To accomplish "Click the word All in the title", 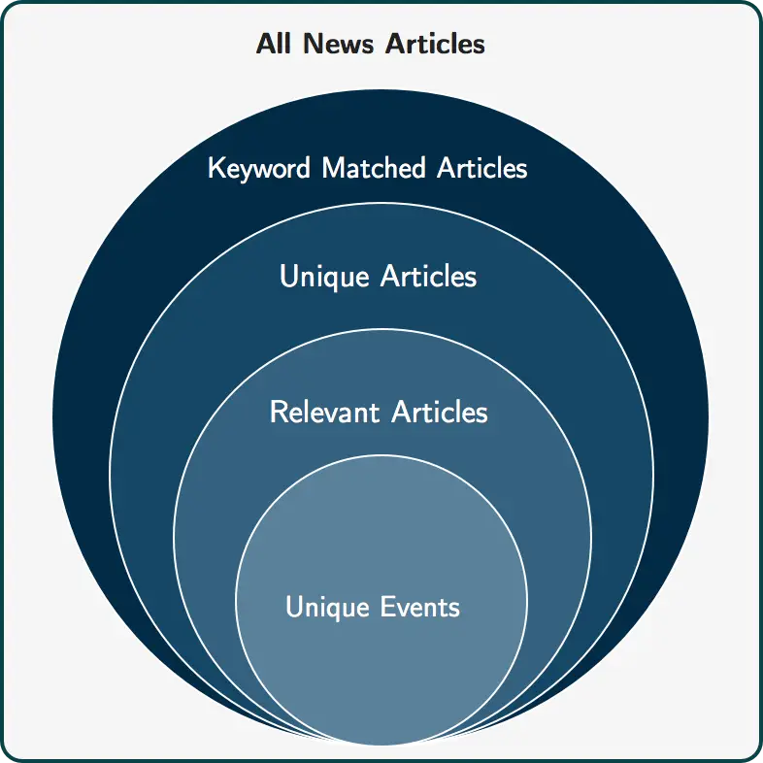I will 275,45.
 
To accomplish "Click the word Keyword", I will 260,169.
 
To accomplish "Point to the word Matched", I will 374,168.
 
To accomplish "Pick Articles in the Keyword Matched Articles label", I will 481,168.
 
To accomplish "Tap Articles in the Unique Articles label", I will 428,277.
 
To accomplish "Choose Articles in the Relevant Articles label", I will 439,412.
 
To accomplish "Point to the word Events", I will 420,607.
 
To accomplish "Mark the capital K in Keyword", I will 216,169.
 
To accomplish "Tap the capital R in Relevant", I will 277,412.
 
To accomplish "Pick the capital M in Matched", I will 333,168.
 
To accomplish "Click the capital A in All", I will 265,45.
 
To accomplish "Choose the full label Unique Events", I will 373,608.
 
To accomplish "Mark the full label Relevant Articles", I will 379,412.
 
